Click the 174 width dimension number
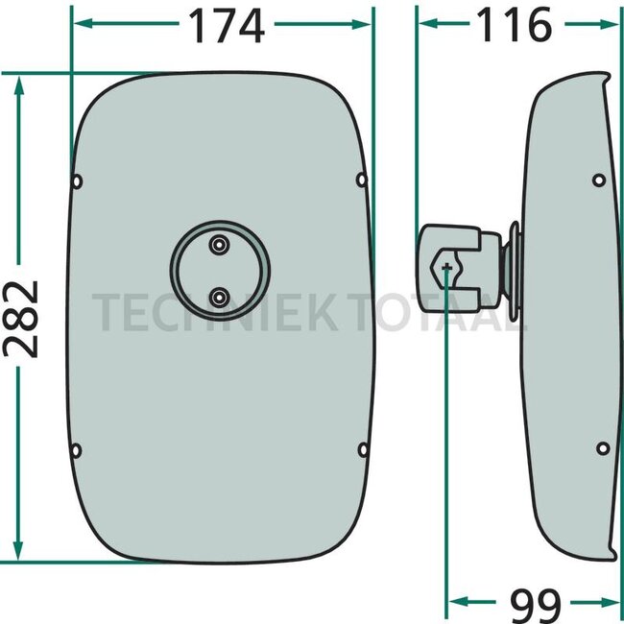pyautogui.click(x=227, y=26)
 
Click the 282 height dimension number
pyautogui.click(x=21, y=319)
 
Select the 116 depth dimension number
pyautogui.click(x=515, y=25)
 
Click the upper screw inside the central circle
pyautogui.click(x=219, y=245)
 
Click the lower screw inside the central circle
pyautogui.click(x=219, y=298)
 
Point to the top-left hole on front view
pyautogui.click(x=77, y=181)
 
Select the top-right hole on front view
pyautogui.click(x=361, y=180)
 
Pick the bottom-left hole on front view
pyautogui.click(x=76, y=451)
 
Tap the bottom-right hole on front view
pyautogui.click(x=363, y=450)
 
